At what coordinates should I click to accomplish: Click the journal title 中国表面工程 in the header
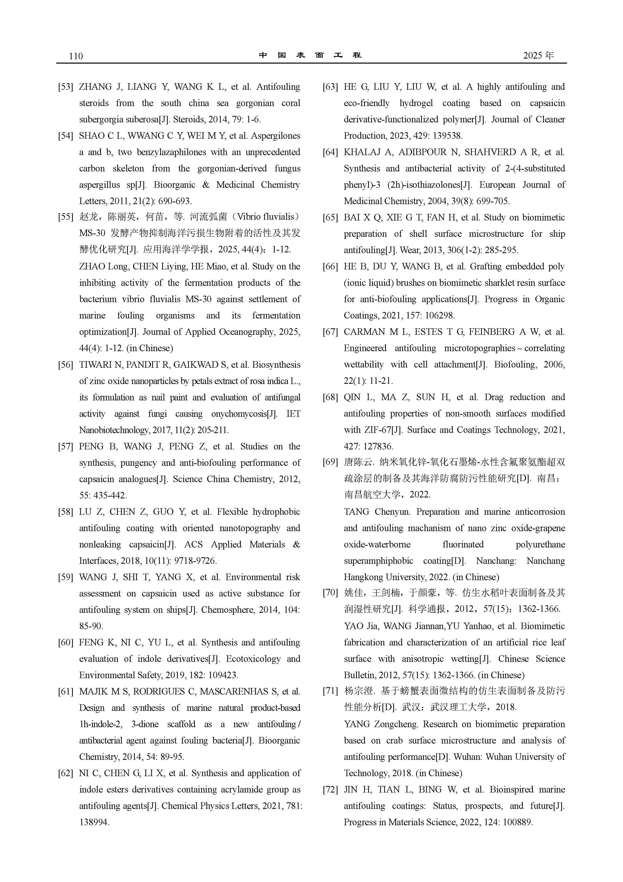coord(310,55)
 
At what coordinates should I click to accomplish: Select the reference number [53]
coord(65,87)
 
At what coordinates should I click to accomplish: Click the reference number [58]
coord(65,512)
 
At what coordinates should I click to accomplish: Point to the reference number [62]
coord(65,773)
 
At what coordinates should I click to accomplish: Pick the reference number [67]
coord(330,332)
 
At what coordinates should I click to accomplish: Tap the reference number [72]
coord(330,790)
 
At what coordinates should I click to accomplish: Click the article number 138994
coord(94,822)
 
